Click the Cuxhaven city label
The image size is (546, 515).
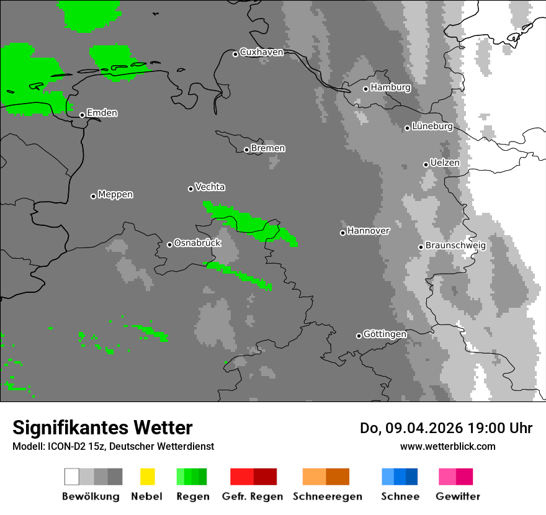pyautogui.click(x=261, y=52)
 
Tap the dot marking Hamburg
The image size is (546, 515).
pyautogui.click(x=366, y=89)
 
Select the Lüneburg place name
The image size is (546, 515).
pyautogui.click(x=432, y=127)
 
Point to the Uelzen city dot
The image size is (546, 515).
pyautogui.click(x=426, y=164)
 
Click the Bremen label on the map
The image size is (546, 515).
pyautogui.click(x=268, y=148)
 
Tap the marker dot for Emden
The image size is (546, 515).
pyautogui.click(x=82, y=115)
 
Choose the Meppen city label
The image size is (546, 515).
pyautogui.click(x=115, y=195)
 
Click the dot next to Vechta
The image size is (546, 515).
pyautogui.click(x=190, y=189)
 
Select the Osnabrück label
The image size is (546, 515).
pyautogui.click(x=197, y=243)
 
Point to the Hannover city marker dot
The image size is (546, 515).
pyautogui.click(x=342, y=233)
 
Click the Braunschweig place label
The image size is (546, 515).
pyautogui.click(x=455, y=246)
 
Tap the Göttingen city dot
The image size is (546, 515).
pyautogui.click(x=359, y=336)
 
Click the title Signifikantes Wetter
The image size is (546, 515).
pyautogui.click(x=102, y=428)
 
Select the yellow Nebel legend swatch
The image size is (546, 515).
pyautogui.click(x=148, y=477)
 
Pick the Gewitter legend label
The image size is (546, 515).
pyautogui.click(x=458, y=496)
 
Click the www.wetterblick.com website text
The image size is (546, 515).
pyautogui.click(x=447, y=446)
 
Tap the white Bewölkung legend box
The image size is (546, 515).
pyautogui.click(x=72, y=477)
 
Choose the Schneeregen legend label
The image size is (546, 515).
pyautogui.click(x=327, y=496)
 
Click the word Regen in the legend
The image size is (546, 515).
pyautogui.click(x=192, y=496)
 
